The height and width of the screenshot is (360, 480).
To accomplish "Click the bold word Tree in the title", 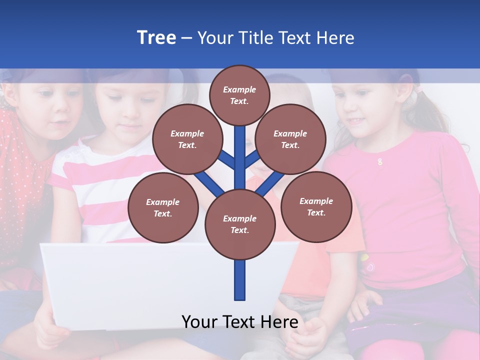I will click(x=156, y=37).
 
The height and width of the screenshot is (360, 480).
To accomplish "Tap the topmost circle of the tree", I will click(x=239, y=95).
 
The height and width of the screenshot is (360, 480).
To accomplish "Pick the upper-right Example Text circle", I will click(x=290, y=139).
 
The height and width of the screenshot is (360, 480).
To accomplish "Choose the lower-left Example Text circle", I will click(x=163, y=207).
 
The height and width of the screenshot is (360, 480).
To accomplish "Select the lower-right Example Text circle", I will click(x=316, y=206).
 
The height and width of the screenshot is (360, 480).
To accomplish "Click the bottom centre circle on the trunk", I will click(x=240, y=224).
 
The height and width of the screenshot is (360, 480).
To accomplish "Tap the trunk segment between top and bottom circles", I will click(x=240, y=155).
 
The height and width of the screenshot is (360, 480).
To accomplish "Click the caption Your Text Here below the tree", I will click(x=240, y=322).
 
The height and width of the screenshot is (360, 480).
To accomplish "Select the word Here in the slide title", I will click(x=335, y=38).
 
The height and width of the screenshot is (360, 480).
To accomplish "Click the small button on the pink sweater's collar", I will click(x=380, y=161).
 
